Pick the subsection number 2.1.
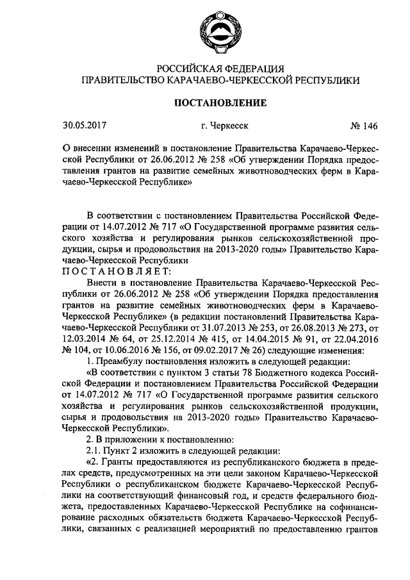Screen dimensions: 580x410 click(94, 451)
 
